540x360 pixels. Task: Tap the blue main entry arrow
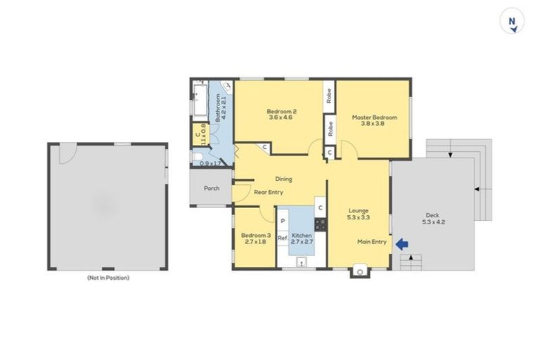pyautogui.click(x=401, y=244)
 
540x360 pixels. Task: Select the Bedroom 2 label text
pyautogui.click(x=281, y=115)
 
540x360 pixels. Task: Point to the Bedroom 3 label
pyautogui.click(x=255, y=238)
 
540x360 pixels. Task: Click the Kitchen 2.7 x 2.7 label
pyautogui.click(x=302, y=238)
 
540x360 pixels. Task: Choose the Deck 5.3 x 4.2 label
pyautogui.click(x=433, y=219)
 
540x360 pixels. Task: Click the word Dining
pyautogui.click(x=283, y=179)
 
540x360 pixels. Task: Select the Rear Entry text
pyautogui.click(x=268, y=192)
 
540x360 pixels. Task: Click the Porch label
pyautogui.click(x=211, y=188)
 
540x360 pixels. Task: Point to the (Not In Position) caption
pyautogui.click(x=108, y=278)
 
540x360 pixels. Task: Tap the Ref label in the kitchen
pyautogui.click(x=282, y=238)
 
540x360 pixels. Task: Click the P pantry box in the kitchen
pyautogui.click(x=283, y=221)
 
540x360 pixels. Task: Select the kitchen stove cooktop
pyautogui.click(x=320, y=224)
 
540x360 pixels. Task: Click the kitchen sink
pyautogui.click(x=302, y=263)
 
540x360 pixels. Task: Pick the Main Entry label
pyautogui.click(x=372, y=243)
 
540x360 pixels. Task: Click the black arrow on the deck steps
pyautogui.click(x=477, y=189)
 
